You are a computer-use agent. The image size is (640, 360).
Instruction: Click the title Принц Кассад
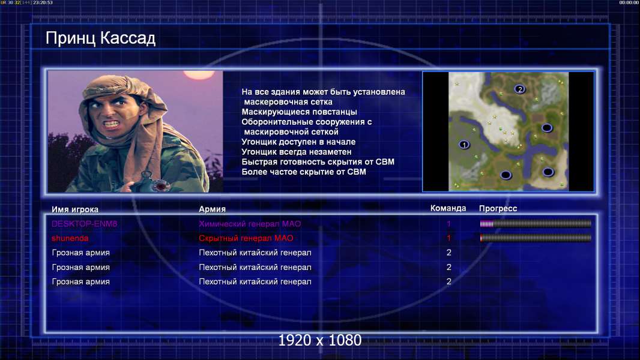tap(100, 38)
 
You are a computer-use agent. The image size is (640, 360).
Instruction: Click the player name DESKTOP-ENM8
tap(84, 224)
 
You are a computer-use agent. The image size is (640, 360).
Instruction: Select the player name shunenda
tap(70, 238)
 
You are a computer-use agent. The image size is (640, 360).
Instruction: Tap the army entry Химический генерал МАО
tap(250, 224)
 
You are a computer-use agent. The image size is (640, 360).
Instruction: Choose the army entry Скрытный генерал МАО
tap(246, 238)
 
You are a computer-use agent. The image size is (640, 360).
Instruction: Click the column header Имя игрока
tap(74, 209)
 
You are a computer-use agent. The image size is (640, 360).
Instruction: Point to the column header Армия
tap(213, 209)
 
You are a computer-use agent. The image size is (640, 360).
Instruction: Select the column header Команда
tap(448, 208)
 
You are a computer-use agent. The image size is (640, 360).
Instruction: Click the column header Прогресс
tap(498, 209)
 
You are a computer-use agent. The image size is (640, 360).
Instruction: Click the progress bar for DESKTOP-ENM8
tap(536, 224)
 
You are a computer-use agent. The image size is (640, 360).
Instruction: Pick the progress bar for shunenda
tap(536, 238)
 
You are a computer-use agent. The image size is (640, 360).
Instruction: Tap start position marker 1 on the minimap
tap(463, 145)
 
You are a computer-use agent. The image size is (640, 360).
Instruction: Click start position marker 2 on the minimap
tap(519, 89)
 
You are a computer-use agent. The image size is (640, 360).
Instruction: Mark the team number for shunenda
tap(448, 238)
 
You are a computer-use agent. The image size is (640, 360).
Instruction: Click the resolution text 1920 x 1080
tap(320, 340)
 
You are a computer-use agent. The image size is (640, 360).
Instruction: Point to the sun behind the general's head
tap(199, 74)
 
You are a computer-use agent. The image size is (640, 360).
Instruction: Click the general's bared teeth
tap(112, 123)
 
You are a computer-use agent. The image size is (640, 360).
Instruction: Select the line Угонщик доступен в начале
tap(298, 142)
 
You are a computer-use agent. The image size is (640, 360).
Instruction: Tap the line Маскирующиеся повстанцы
tap(299, 112)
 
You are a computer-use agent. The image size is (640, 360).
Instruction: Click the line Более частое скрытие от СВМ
tap(304, 172)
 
